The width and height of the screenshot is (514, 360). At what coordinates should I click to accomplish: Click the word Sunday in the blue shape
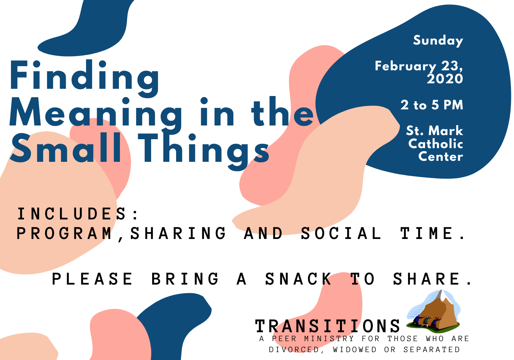pyautogui.click(x=438, y=41)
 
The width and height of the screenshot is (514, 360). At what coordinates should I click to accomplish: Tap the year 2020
pyautogui.click(x=445, y=79)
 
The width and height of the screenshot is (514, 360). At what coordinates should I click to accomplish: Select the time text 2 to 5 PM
pyautogui.click(x=432, y=105)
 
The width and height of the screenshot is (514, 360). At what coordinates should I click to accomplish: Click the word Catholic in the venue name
pyautogui.click(x=436, y=144)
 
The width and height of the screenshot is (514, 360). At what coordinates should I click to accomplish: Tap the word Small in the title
pyautogui.click(x=66, y=148)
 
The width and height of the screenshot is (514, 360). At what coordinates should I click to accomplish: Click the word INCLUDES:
pyautogui.click(x=78, y=214)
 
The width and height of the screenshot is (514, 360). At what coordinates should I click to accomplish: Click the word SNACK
pyautogui.click(x=298, y=279)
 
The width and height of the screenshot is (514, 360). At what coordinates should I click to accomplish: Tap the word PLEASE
pyautogui.click(x=92, y=279)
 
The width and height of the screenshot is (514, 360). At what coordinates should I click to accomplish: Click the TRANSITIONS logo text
pyautogui.click(x=328, y=326)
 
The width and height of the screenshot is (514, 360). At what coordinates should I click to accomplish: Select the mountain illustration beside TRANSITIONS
pyautogui.click(x=433, y=311)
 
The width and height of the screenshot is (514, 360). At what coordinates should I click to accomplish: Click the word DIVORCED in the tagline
pyautogui.click(x=294, y=350)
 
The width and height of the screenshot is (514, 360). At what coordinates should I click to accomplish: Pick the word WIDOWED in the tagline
pyautogui.click(x=355, y=350)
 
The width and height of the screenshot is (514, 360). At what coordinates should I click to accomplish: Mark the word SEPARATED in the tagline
pyautogui.click(x=432, y=350)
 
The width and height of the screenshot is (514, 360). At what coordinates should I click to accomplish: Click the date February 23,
pyautogui.click(x=419, y=66)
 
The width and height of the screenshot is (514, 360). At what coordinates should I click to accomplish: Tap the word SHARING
pyautogui.click(x=178, y=233)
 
